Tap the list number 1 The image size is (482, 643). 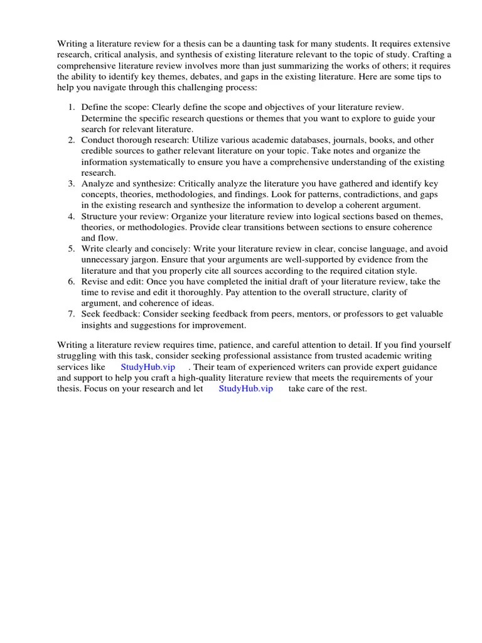[72, 107]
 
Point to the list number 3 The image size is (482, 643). [72, 183]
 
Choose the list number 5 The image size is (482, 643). [72, 249]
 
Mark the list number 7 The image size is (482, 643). [72, 314]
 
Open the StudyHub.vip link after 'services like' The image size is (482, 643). [148, 367]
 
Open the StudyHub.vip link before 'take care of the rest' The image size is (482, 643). [246, 389]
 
